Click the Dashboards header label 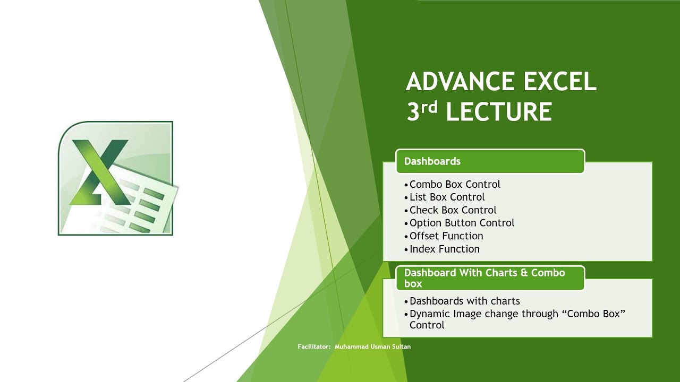pyautogui.click(x=432, y=161)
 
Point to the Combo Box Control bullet pyautogui.click(x=455, y=185)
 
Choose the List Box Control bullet pyautogui.click(x=447, y=197)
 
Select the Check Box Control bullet pyautogui.click(x=453, y=210)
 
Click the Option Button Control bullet pyautogui.click(x=462, y=223)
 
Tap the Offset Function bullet pyautogui.click(x=446, y=236)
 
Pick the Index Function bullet pyautogui.click(x=444, y=249)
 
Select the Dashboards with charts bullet pyautogui.click(x=464, y=301)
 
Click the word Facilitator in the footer pyautogui.click(x=314, y=347)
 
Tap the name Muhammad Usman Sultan pyautogui.click(x=372, y=347)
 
